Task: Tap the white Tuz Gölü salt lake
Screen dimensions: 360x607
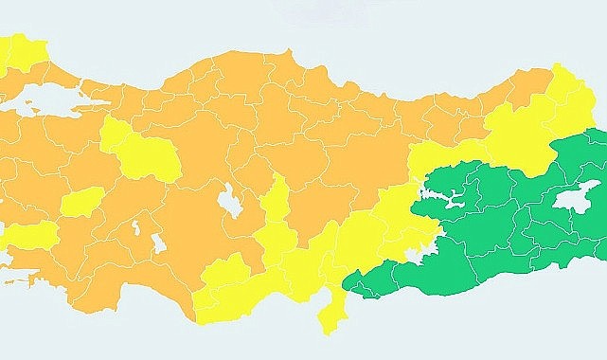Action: point(229,201)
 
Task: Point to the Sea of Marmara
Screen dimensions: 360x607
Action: point(47,98)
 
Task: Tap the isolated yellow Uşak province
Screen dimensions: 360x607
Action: point(83,201)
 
